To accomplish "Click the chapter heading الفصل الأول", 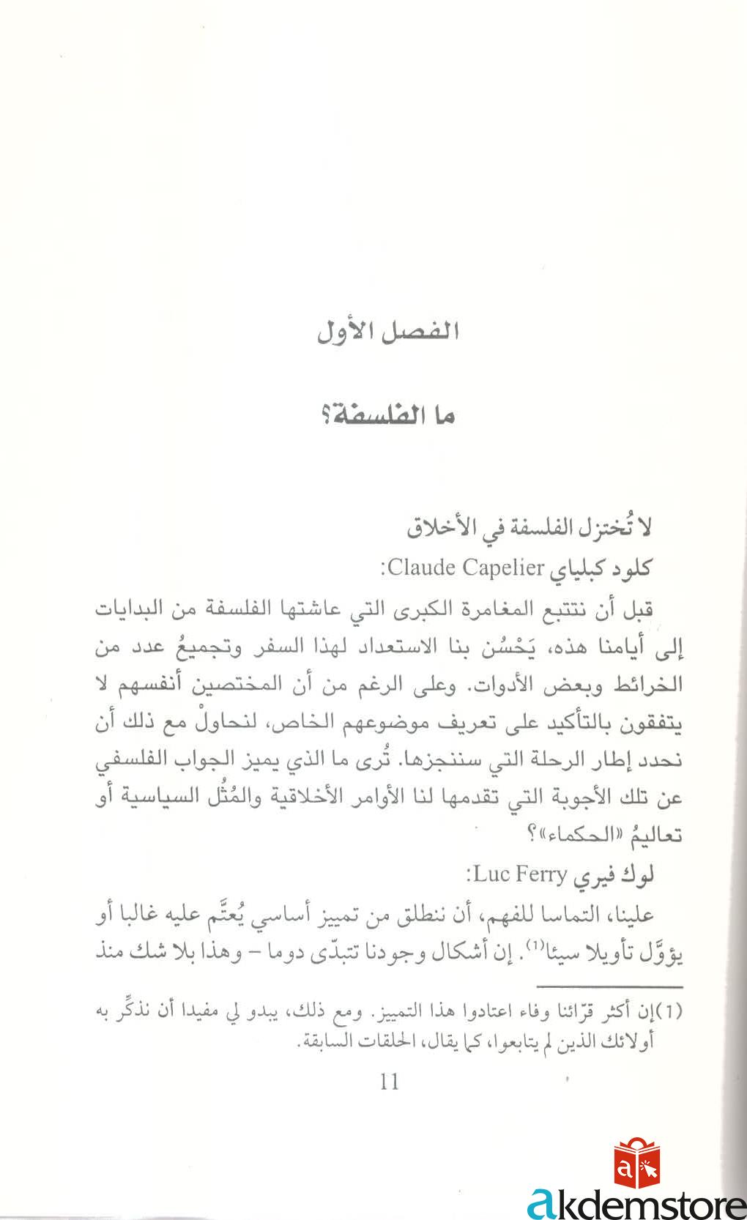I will coord(387,332).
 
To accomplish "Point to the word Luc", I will coord(486,874).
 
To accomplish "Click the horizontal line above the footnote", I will coord(611,987).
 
